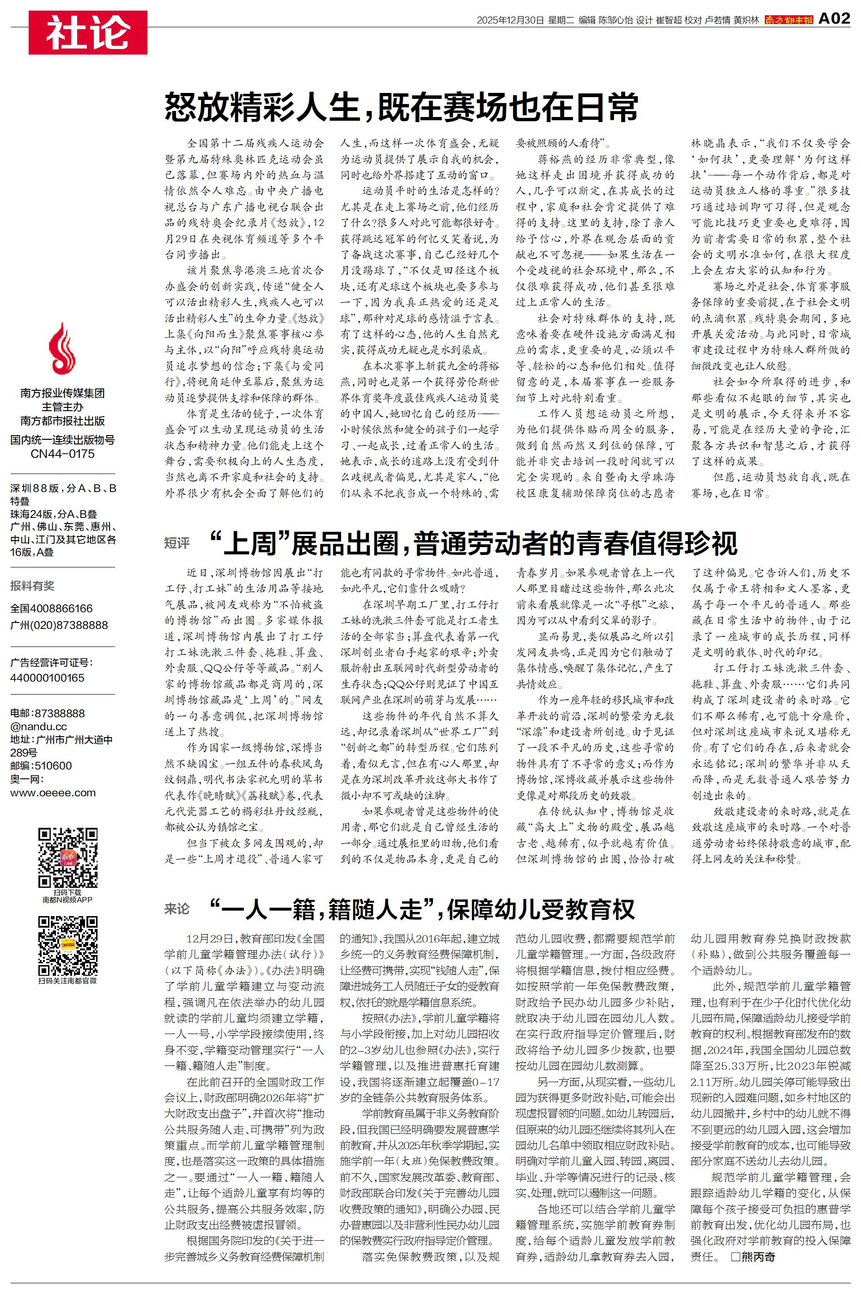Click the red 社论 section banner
point(88,32)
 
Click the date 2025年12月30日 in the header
point(510,20)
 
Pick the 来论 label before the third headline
point(177,909)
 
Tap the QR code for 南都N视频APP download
point(67,857)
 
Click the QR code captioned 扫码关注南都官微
point(67,945)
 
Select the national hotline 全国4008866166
point(52,609)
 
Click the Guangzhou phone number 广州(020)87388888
point(59,625)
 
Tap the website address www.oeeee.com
point(53,793)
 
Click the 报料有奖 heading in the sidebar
point(32,585)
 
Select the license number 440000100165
point(47,678)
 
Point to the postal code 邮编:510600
point(41,766)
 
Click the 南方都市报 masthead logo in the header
point(788,20)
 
